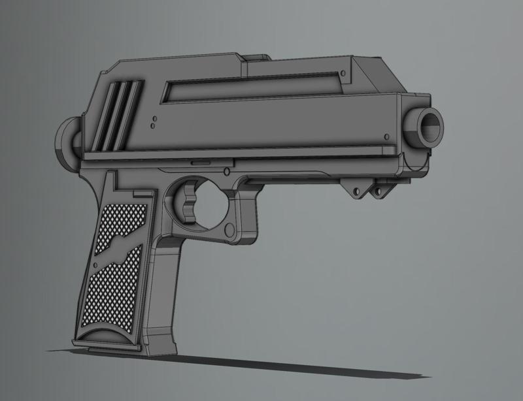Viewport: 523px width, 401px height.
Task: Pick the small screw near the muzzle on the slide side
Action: click(x=390, y=135)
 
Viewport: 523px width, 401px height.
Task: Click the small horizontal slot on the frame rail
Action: click(x=201, y=159)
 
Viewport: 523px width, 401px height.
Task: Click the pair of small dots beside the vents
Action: click(x=152, y=123)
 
